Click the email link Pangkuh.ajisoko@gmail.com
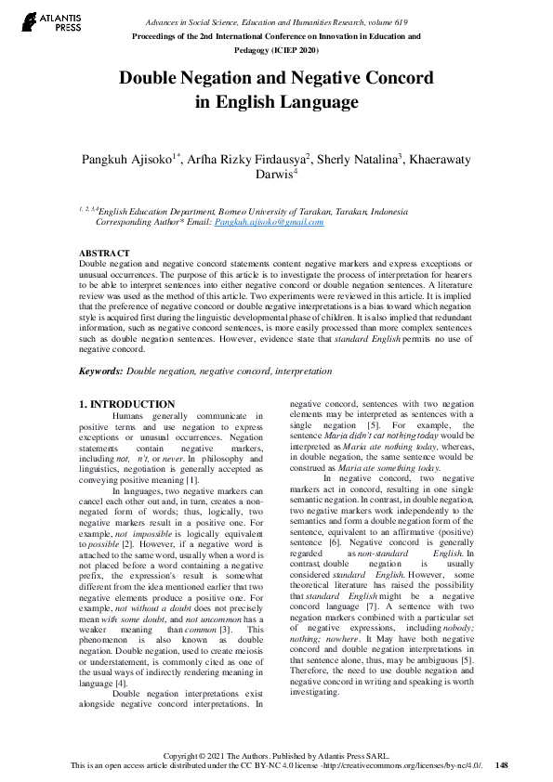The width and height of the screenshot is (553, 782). [x=270, y=222]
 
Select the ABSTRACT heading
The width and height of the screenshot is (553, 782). [x=104, y=254]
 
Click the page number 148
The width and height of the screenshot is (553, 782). [x=503, y=765]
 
